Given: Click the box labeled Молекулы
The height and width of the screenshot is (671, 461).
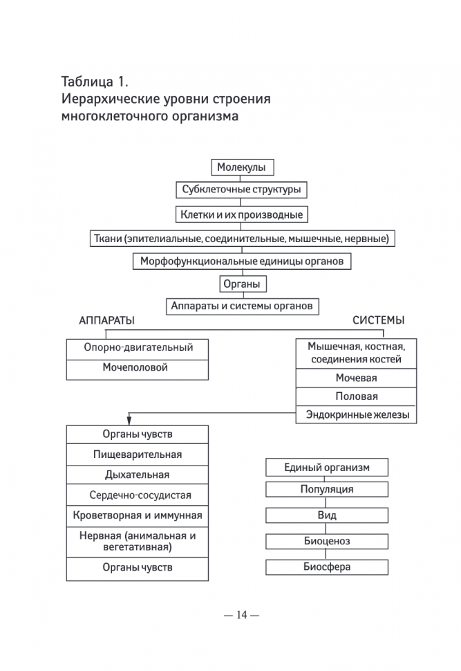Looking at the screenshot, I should tap(241, 167).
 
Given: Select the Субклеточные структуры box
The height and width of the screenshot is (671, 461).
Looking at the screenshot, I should tap(241, 190).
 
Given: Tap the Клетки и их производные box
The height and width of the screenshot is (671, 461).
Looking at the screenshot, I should tap(241, 214).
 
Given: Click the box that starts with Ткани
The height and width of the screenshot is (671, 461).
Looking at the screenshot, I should tap(241, 239).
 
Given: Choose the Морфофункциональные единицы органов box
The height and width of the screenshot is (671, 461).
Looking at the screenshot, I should tap(241, 261).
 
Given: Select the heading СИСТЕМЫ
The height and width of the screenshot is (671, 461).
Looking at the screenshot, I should tap(379, 321).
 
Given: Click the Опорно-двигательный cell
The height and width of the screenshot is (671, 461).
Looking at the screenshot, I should tap(138, 348).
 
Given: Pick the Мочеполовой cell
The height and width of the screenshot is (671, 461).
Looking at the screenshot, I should tap(138, 368).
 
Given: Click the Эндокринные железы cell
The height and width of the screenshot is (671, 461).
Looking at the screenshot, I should tap(356, 415).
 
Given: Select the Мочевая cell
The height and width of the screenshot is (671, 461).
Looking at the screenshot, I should tap(356, 378).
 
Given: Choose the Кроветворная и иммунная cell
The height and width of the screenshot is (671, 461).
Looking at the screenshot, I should tap(138, 515).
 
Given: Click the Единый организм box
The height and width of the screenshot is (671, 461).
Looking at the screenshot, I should tap(327, 468).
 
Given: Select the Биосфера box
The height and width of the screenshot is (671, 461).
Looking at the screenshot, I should tap(327, 567).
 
